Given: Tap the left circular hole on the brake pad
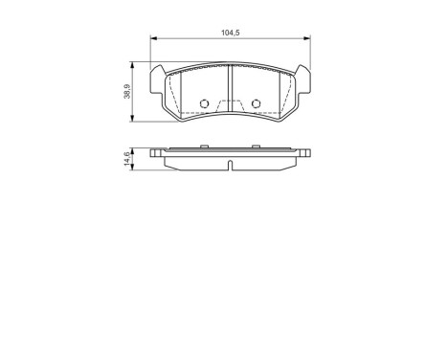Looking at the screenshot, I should (x=203, y=104).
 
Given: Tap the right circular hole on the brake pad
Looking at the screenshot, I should (x=256, y=104).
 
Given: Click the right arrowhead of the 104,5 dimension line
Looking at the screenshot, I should (x=306, y=40).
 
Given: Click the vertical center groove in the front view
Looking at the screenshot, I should (x=230, y=91).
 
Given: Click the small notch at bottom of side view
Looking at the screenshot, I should (x=231, y=169).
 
